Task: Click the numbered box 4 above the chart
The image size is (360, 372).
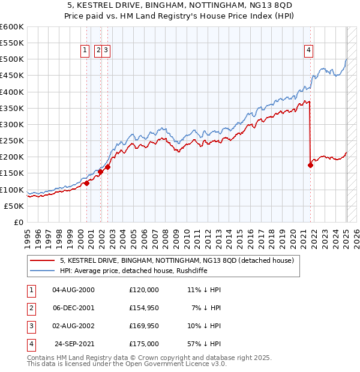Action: coord(308,50)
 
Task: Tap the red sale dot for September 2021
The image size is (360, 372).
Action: coord(310,165)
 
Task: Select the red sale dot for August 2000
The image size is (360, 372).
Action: coord(86,184)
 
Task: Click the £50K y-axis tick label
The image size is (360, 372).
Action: coord(14,206)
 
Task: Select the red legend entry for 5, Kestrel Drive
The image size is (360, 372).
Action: coord(176,260)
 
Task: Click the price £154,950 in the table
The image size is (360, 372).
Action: coord(143,307)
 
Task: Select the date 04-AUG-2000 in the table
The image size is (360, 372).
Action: coord(74,289)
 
